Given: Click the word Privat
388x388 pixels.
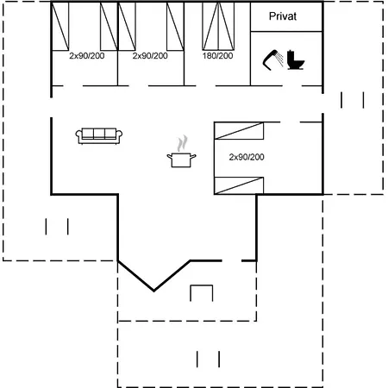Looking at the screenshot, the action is pos(283,16).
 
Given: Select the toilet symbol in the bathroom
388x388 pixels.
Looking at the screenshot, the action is pos(296,59).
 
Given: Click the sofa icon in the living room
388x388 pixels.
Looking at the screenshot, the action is pos(99,135).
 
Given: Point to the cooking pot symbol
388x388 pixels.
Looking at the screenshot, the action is pos(181,160).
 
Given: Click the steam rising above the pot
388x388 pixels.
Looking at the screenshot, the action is pos(182,143).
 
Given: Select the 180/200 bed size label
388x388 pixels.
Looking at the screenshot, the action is pos(217,55).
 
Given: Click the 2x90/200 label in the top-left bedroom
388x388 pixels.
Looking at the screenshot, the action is pos(87,55).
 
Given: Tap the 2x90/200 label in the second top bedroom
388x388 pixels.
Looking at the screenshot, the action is pos(150,55).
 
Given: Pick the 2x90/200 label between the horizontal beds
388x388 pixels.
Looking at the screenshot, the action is pos(247,157).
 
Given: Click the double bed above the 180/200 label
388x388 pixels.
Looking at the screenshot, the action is pos(218,26).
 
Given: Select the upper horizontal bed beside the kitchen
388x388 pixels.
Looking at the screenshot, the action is pos(239,131).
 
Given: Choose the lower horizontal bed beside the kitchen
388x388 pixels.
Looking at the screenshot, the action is pos(239,185).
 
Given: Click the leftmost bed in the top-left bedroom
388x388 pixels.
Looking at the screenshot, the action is pos(60,27).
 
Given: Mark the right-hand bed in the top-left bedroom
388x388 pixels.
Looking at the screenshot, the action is pos(109,27).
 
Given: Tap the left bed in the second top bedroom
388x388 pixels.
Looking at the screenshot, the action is pos(127,27).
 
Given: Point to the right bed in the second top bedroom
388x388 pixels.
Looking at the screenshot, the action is pos(175,27).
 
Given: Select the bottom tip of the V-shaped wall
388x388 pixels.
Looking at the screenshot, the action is pos(153,291).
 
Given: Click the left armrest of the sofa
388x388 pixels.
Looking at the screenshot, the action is pos(78,135).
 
